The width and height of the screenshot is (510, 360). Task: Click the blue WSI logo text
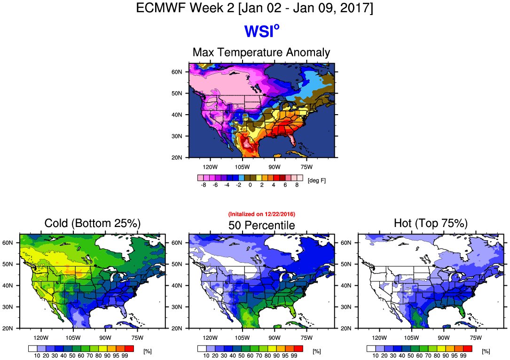pyautogui.click(x=261, y=31)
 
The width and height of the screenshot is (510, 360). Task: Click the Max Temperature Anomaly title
pyautogui.click(x=261, y=53)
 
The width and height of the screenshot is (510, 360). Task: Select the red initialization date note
pyautogui.click(x=261, y=214)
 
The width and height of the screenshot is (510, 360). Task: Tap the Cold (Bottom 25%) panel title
pyautogui.click(x=93, y=223)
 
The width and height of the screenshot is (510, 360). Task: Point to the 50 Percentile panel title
pyautogui.click(x=261, y=226)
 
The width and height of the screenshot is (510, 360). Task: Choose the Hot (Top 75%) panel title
pyautogui.click(x=431, y=223)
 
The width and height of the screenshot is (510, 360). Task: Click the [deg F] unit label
pyautogui.click(x=317, y=180)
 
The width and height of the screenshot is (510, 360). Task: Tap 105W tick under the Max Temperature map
pyautogui.click(x=242, y=167)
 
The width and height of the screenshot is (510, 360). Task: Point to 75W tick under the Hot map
pyautogui.click(x=475, y=337)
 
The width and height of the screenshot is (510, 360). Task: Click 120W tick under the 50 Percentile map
pyautogui.click(x=210, y=337)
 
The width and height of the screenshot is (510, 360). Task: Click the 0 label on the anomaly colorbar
pyautogui.click(x=250, y=185)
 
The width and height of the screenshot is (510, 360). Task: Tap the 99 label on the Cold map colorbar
pyautogui.click(x=125, y=356)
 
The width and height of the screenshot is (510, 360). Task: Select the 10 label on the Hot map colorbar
pyautogui.click(x=376, y=356)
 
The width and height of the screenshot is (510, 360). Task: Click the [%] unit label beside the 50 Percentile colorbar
pyautogui.click(x=316, y=351)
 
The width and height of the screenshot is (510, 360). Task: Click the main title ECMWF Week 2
pyautogui.click(x=254, y=8)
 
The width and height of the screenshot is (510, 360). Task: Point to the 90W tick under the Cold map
pyautogui.click(x=105, y=337)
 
